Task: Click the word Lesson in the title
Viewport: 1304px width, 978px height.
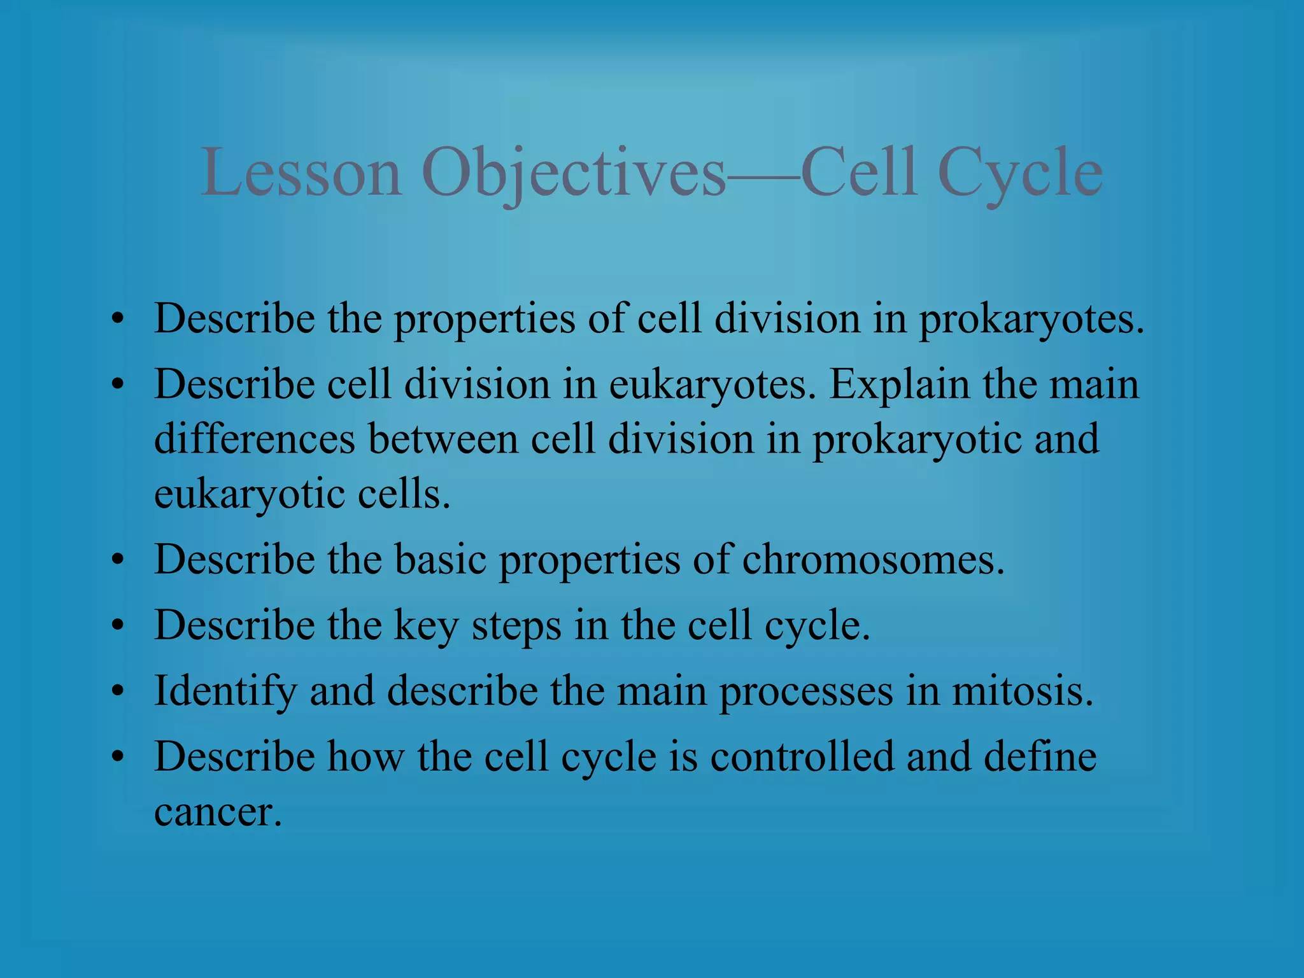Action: [x=302, y=173]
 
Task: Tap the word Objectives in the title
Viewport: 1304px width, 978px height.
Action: [x=573, y=173]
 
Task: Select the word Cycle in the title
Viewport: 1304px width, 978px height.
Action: [x=1020, y=173]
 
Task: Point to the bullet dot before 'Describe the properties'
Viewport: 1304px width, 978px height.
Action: [x=117, y=320]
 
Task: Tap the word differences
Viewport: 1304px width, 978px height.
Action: [x=255, y=439]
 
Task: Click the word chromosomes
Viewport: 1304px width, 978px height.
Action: [x=873, y=560]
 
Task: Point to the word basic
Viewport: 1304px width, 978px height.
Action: [x=441, y=560]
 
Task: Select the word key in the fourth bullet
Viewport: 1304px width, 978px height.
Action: [x=426, y=627]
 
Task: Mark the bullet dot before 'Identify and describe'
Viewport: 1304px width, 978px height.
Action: [x=117, y=693]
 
